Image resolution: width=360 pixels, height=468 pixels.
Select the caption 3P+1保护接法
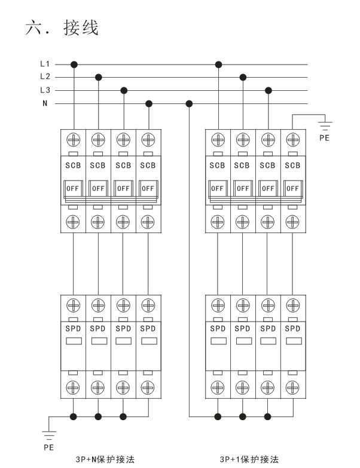point(250,460)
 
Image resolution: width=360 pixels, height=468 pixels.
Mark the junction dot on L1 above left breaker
point(74,63)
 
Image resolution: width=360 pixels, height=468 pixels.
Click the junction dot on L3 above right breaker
point(269,90)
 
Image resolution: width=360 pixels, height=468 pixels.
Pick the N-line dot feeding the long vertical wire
point(190,103)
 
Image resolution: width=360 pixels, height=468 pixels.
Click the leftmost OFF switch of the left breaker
point(74,187)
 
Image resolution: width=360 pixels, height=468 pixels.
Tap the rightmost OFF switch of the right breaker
point(293,187)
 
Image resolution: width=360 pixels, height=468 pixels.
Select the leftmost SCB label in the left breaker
point(74,165)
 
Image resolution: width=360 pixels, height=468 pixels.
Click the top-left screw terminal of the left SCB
point(74,139)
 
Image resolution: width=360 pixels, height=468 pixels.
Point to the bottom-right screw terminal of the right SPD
point(293,386)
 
